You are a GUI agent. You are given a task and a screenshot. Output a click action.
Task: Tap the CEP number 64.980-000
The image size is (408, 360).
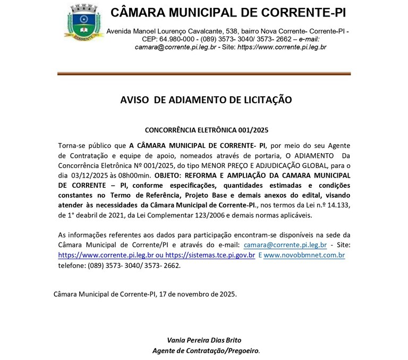pyautogui.click(x=176, y=39)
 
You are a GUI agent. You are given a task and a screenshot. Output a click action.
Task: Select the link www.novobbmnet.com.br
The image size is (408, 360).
pyautogui.click(x=304, y=255)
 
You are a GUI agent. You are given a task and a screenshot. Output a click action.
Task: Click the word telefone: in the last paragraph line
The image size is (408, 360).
pyautogui.click(x=72, y=265)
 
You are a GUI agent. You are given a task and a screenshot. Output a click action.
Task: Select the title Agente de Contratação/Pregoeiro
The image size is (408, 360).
pyautogui.click(x=206, y=351)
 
